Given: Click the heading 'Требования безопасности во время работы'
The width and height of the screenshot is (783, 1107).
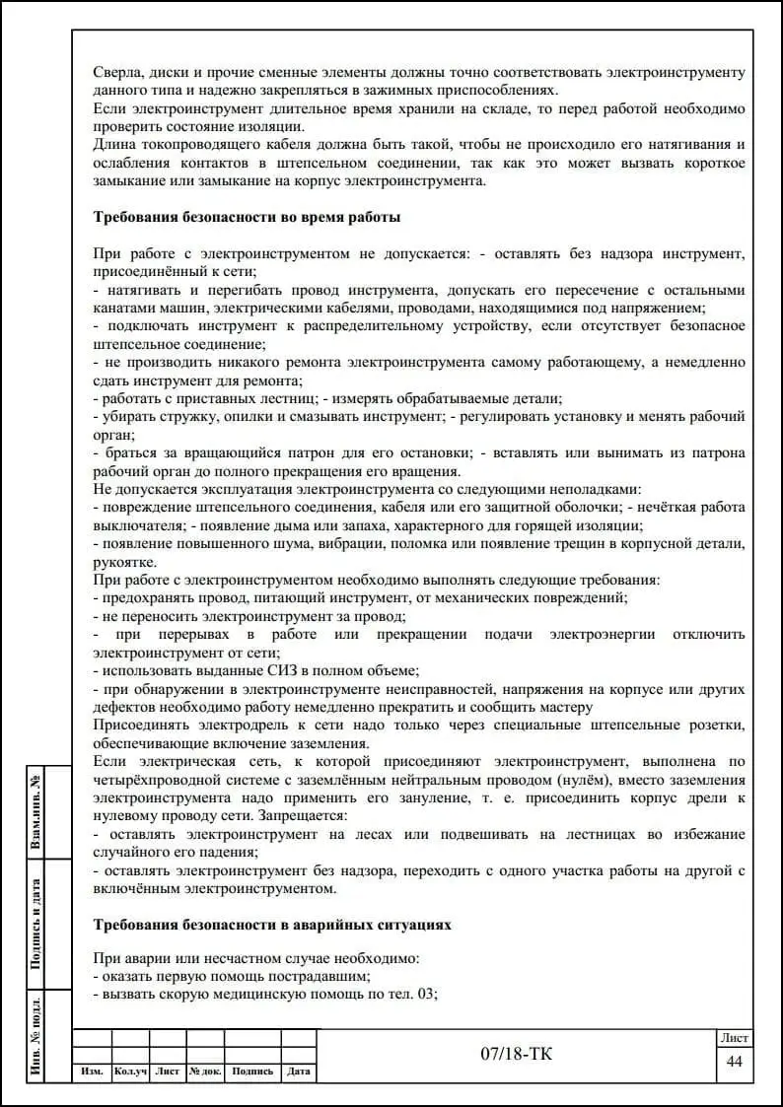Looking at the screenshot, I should (246, 217).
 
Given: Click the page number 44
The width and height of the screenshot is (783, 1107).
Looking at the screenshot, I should (734, 1061).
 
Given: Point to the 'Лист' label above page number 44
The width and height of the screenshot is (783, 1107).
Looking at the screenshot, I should (734, 1038).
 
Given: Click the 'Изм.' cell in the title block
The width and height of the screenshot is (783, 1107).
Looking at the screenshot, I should (93, 1072).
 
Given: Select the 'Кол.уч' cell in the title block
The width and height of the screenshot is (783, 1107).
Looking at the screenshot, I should (130, 1072).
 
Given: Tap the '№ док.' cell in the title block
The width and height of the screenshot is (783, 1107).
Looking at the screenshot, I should (205, 1072).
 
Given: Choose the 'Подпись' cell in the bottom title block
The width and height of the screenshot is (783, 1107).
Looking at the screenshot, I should (253, 1072).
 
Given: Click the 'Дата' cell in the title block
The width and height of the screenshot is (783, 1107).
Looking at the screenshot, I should (299, 1072).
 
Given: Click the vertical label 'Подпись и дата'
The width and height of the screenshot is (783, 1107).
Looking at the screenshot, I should (36, 924).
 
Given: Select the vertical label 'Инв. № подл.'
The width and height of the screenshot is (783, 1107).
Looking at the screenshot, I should (36, 1035).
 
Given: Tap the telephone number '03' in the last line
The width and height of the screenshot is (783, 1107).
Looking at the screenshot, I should (426, 994).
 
